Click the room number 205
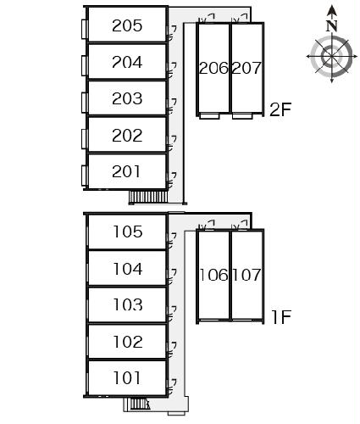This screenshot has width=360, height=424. click(127, 25)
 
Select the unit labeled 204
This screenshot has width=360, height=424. click(127, 62)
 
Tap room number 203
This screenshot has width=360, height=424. click(127, 98)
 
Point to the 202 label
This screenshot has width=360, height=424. click(127, 135)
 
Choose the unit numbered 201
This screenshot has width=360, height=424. click(126, 171)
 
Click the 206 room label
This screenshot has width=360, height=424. click(213, 68)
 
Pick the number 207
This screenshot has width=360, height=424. click(246, 68)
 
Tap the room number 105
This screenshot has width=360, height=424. click(128, 232)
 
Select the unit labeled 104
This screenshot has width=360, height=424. click(128, 269)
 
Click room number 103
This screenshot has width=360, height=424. click(128, 304)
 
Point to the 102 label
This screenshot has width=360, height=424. click(128, 342)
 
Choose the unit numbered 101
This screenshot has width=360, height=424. click(127, 378)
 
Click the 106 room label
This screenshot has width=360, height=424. click(213, 275)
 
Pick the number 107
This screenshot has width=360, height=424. click(246, 275)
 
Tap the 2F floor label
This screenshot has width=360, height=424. click(280, 109)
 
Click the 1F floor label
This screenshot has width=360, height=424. click(281, 316)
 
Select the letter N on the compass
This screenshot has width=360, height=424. click(332, 26)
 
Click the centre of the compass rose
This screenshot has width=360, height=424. click(332, 57)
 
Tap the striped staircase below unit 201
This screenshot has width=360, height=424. click(148, 197)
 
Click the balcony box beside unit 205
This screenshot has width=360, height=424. click(85, 29)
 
